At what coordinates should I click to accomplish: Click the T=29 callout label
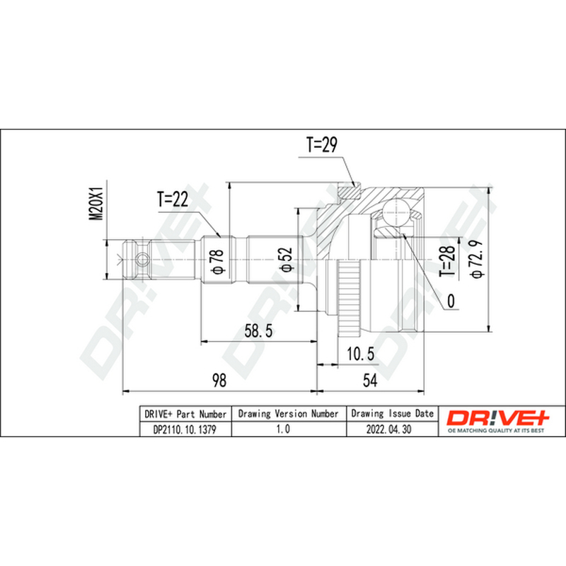click(x=322, y=145)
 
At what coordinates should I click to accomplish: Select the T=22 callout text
click(x=173, y=199)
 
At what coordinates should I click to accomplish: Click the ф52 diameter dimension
click(x=286, y=259)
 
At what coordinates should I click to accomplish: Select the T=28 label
click(x=447, y=261)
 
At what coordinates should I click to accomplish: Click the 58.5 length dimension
click(x=258, y=330)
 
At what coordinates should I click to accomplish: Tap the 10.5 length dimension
click(x=361, y=354)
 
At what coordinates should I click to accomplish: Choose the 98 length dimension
click(x=219, y=380)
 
